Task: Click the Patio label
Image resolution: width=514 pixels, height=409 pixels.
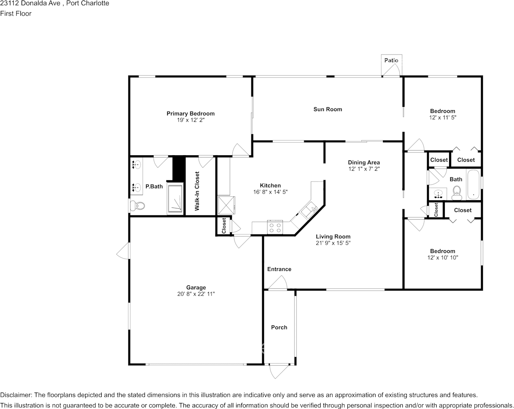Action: [x=391, y=60]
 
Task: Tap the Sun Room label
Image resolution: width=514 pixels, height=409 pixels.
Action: [x=328, y=109]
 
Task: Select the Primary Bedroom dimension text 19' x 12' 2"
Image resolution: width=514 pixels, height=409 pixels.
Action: [x=190, y=120]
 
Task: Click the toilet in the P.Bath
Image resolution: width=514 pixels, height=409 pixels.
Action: [x=137, y=206]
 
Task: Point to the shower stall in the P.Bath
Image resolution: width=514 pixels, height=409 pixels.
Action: [x=175, y=199]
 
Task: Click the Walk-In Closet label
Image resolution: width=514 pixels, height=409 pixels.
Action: [x=197, y=191]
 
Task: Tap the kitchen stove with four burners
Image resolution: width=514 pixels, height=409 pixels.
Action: [x=275, y=227]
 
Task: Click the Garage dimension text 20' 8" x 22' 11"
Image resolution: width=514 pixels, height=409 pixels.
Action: [x=196, y=294]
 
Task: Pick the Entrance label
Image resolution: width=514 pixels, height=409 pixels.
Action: [x=279, y=269]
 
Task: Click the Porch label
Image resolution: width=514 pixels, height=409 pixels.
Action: [x=279, y=327]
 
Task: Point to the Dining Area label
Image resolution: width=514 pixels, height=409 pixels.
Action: [x=364, y=163]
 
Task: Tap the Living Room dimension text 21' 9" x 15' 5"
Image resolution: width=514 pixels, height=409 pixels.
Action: [x=333, y=243]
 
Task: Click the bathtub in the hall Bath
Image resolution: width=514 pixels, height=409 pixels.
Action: [x=473, y=185]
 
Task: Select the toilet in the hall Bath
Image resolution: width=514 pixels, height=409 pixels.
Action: [x=456, y=193]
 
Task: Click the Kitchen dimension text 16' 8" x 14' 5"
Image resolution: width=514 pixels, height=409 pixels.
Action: [x=270, y=192]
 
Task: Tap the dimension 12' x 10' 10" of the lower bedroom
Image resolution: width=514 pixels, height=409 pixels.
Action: [x=443, y=258]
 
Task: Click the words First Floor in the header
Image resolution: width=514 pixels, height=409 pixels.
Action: [x=16, y=13]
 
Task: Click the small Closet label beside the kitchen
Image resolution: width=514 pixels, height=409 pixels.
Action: [x=224, y=226]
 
